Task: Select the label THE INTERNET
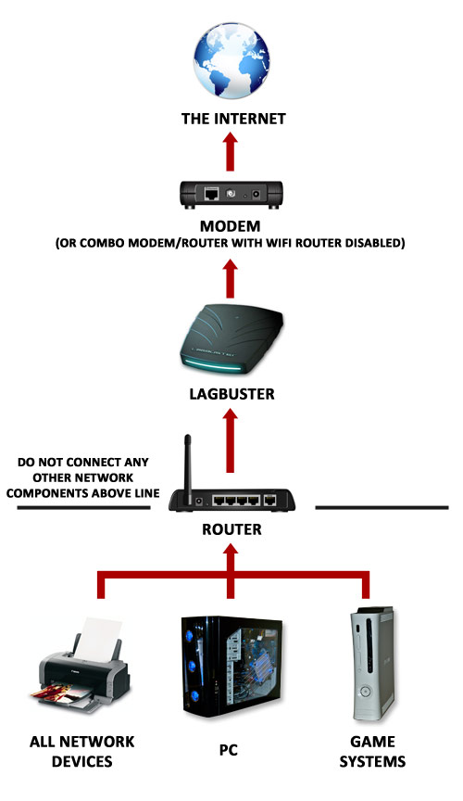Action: (x=233, y=119)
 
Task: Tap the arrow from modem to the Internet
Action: (x=231, y=151)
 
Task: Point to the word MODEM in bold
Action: (x=231, y=226)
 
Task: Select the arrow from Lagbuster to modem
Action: (x=231, y=278)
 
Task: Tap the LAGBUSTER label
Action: (x=231, y=394)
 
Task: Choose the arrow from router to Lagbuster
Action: (x=231, y=439)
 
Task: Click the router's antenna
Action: (x=188, y=468)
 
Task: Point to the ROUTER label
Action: (x=231, y=529)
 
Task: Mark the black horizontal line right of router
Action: (x=382, y=508)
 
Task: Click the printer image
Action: (x=81, y=665)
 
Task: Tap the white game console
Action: (x=372, y=664)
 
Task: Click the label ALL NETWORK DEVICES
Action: (x=82, y=752)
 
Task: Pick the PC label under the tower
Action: (x=229, y=750)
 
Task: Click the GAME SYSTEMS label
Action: (x=372, y=752)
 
